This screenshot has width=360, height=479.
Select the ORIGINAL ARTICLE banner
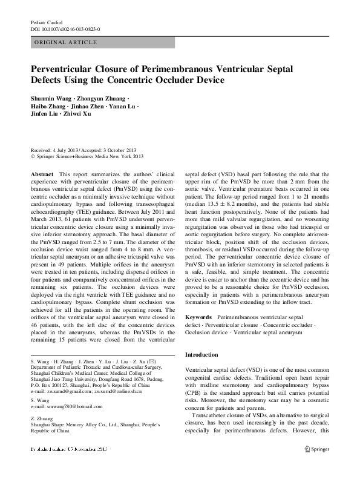[102, 42]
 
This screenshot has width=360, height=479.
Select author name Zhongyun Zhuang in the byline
[108, 98]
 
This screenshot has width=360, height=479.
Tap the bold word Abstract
[42, 173]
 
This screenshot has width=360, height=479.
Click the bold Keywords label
[198, 317]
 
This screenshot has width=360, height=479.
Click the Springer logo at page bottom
[316, 449]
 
